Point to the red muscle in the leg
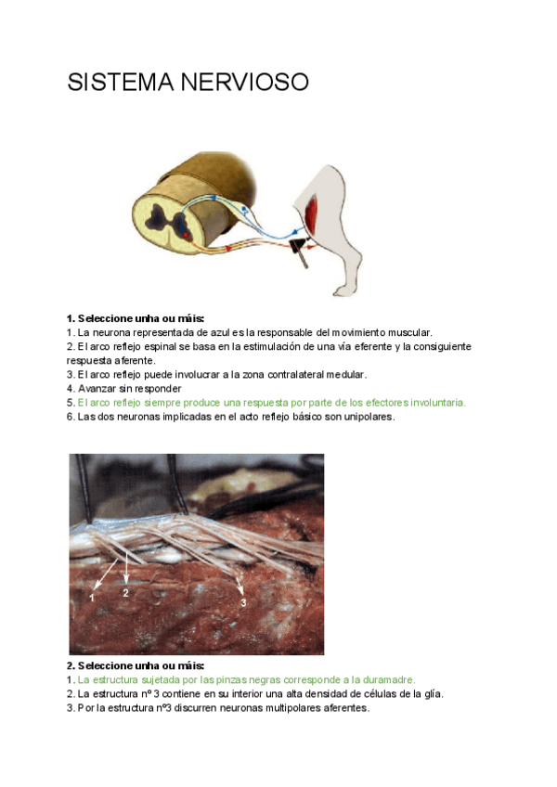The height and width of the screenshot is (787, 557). tap(310, 214)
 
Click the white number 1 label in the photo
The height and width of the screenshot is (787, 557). tap(92, 599)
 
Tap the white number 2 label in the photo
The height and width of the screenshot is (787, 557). tap(126, 592)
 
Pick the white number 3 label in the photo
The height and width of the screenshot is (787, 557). tap(242, 602)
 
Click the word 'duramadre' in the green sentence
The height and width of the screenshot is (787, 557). tap(392, 679)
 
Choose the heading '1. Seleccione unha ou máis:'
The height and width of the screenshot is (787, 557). tap(135, 318)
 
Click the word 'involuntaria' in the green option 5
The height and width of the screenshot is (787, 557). tap(438, 403)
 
